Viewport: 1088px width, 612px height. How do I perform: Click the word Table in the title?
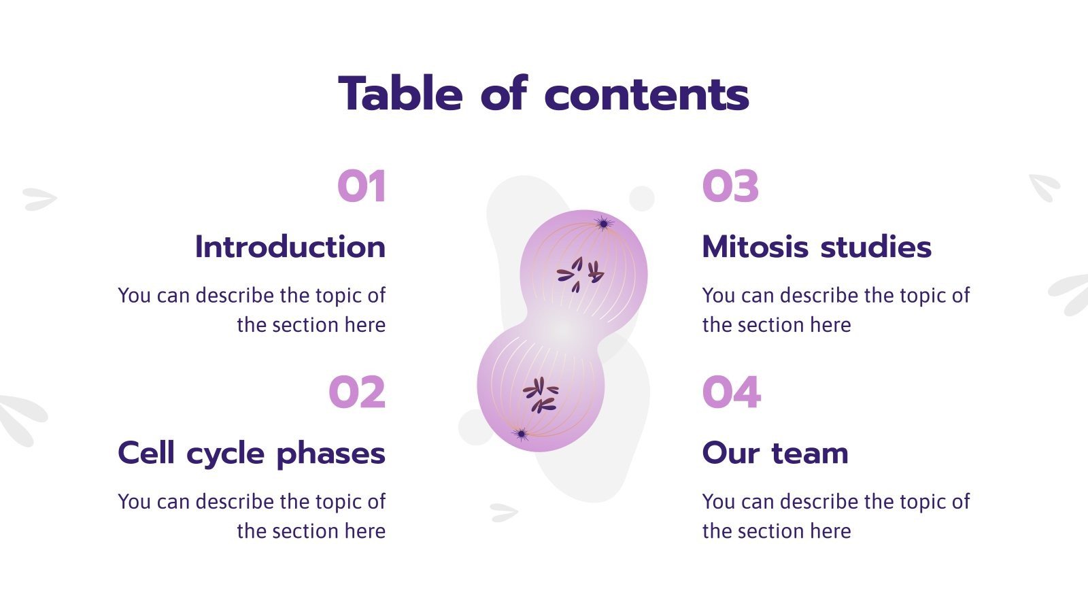(x=401, y=94)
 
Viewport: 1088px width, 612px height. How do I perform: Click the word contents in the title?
(x=647, y=95)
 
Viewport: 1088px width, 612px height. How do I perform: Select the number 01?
(x=362, y=186)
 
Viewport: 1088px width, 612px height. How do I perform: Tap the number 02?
(x=357, y=392)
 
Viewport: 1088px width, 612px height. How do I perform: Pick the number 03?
(x=730, y=186)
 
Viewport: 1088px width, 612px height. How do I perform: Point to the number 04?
(x=732, y=392)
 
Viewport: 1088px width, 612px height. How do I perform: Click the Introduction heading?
(x=290, y=246)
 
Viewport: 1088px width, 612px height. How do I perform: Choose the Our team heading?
(x=775, y=453)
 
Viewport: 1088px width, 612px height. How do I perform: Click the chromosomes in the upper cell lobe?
(x=580, y=273)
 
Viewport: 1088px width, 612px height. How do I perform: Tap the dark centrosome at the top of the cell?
(x=602, y=222)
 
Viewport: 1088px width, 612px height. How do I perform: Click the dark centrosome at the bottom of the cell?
(x=522, y=434)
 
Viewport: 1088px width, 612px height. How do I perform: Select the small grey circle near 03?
(x=641, y=198)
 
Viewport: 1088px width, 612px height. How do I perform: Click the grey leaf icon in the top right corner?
(x=1044, y=186)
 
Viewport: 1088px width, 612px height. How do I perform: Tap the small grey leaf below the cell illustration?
(x=503, y=512)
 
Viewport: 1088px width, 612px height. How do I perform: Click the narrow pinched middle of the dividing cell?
(x=563, y=330)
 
